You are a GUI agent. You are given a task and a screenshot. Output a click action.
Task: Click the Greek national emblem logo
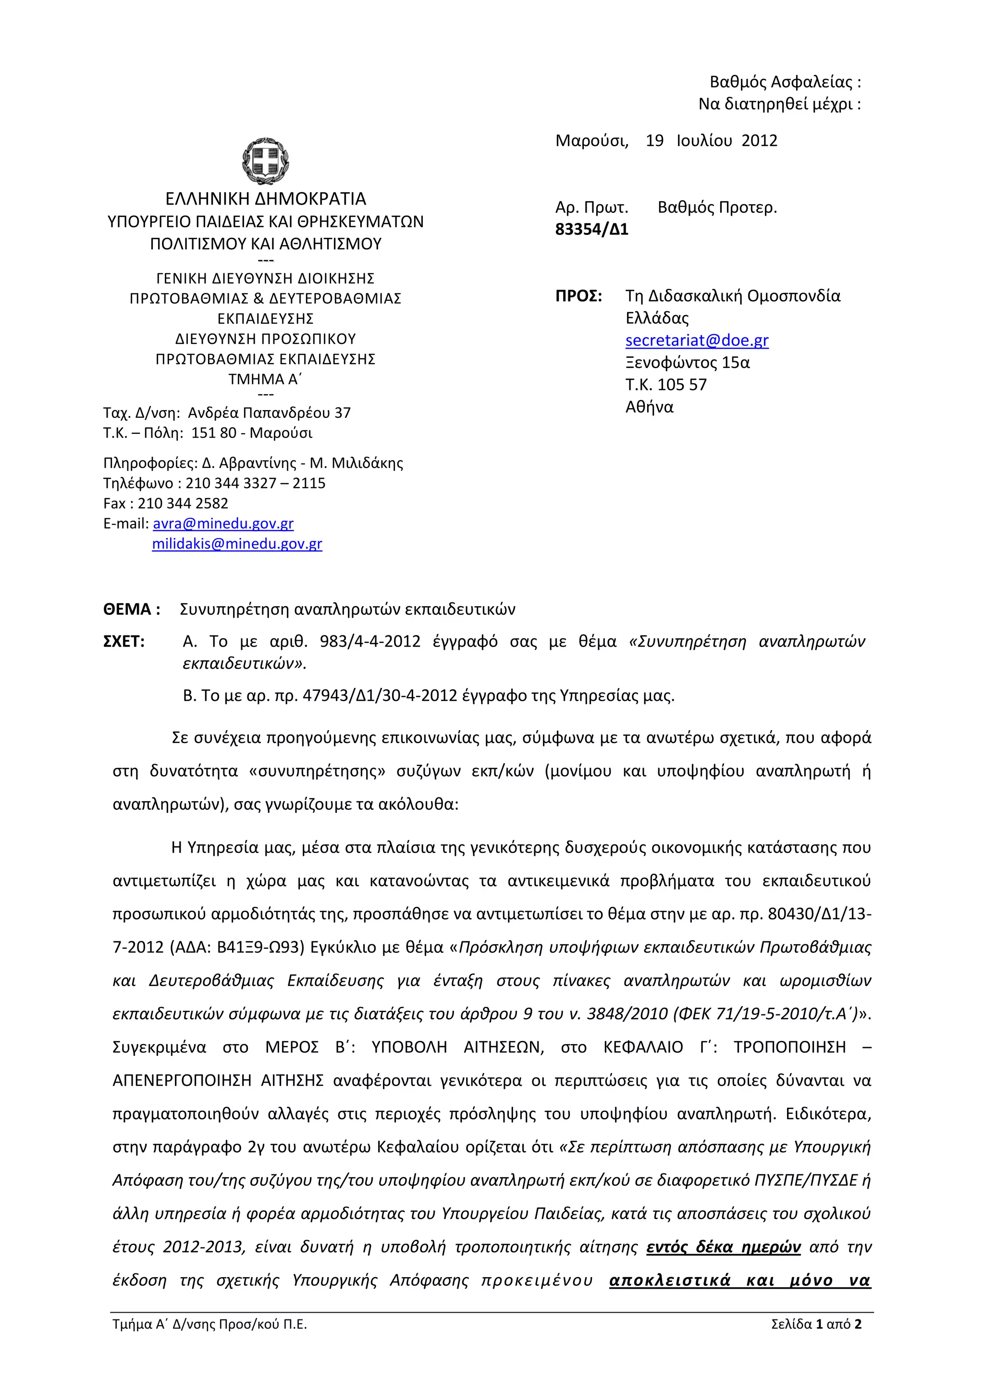pos(265,160)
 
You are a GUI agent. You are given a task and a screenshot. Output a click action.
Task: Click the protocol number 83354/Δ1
pos(591,230)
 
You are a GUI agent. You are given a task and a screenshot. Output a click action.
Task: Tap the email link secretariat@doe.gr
pos(696,341)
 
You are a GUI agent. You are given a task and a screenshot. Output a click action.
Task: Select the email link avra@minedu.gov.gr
pos(223,524)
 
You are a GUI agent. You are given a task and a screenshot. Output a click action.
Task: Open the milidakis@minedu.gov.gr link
pos(237,544)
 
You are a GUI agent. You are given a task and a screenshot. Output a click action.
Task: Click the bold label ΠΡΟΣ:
pos(578,296)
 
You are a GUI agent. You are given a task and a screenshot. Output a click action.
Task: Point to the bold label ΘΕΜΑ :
pos(132,610)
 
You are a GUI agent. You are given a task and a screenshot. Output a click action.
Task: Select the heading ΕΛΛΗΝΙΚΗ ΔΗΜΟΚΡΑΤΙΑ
pos(265,199)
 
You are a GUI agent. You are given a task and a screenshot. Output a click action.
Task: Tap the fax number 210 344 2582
pos(183,503)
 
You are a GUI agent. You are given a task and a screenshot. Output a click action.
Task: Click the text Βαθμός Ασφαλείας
pos(780,82)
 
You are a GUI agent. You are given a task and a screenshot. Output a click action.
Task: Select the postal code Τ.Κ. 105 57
pos(665,385)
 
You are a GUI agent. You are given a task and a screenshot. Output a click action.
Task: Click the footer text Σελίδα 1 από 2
pos(815,1324)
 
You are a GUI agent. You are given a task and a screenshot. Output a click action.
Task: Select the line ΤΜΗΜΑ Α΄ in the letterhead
pos(265,380)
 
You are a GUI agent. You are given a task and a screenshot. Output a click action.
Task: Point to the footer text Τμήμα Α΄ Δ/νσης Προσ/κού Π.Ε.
pos(209,1324)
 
